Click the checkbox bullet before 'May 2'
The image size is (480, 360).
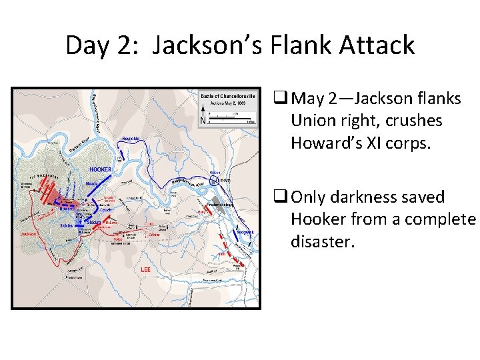pos(280,99)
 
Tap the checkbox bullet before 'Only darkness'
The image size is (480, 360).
pos(280,197)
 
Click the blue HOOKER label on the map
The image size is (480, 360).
pos(101,169)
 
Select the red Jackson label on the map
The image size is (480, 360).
pos(28,235)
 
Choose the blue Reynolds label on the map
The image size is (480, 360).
pos(131,138)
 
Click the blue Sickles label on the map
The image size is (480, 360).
pos(65,225)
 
